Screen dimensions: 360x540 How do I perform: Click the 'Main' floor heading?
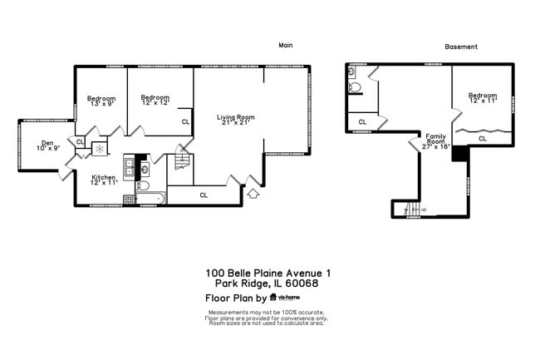point(286,45)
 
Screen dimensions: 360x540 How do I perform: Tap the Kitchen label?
point(104,178)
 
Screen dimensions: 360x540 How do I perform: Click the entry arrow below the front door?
point(253,195)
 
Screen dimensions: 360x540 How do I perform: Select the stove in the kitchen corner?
point(129,200)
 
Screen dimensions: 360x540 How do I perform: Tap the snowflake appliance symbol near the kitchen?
point(99,150)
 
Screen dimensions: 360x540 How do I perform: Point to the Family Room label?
point(437,140)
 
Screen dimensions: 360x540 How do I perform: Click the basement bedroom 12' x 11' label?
point(483,97)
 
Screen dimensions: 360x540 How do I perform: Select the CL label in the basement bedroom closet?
point(483,139)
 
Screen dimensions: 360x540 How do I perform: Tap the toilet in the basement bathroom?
point(354,86)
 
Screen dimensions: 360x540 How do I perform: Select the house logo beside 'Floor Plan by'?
point(272,297)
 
